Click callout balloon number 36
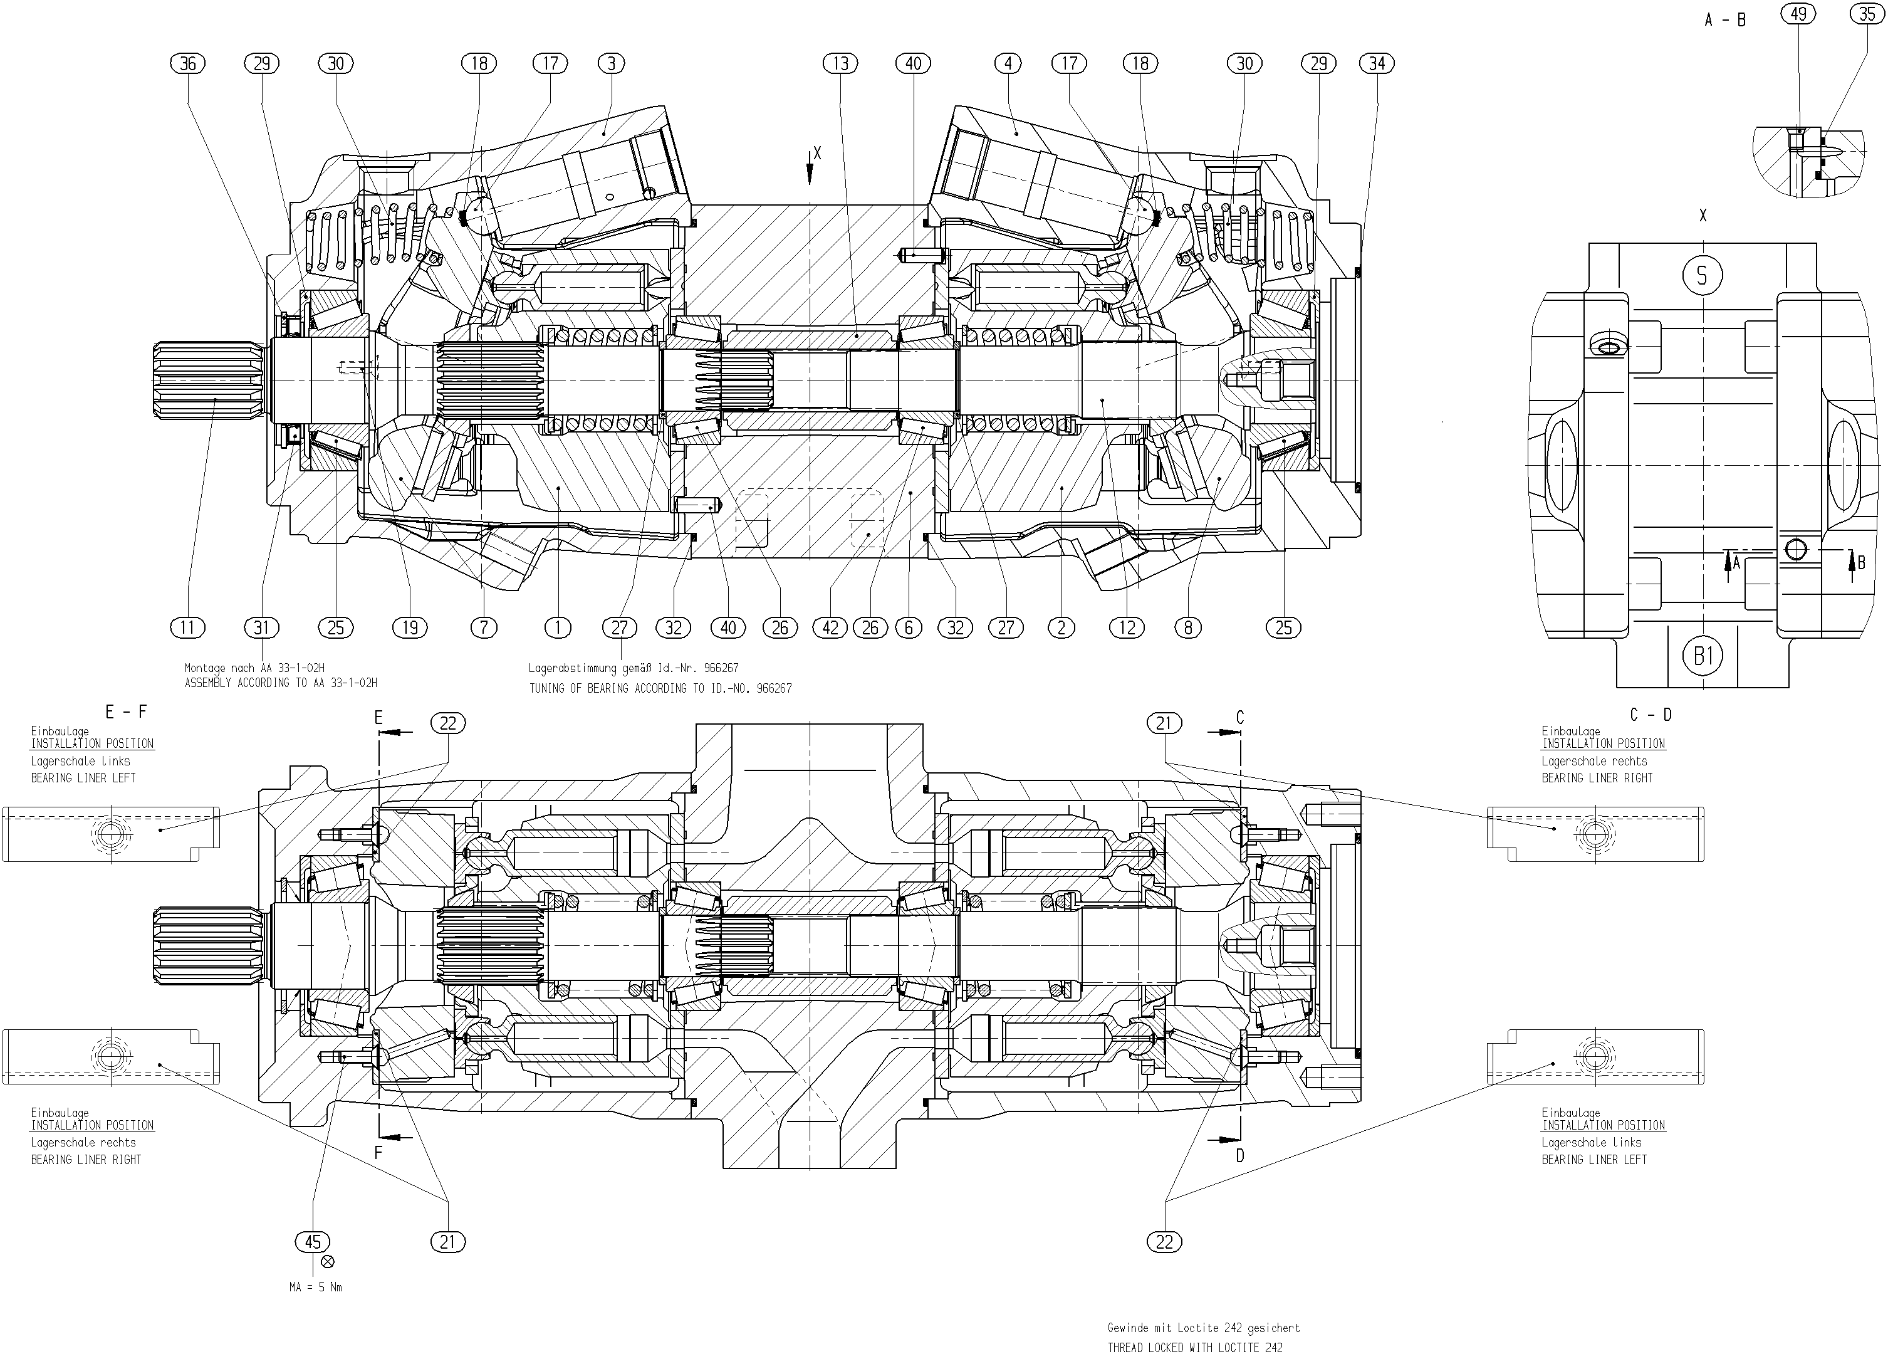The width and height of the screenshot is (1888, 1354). [188, 63]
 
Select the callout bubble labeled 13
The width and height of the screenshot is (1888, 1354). [841, 63]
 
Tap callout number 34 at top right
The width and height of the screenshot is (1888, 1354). [1377, 63]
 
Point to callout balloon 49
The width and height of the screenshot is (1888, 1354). [1798, 14]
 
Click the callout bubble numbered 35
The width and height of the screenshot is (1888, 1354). [1867, 14]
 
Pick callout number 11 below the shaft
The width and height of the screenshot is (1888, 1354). [187, 628]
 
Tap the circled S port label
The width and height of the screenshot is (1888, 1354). [1703, 275]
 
